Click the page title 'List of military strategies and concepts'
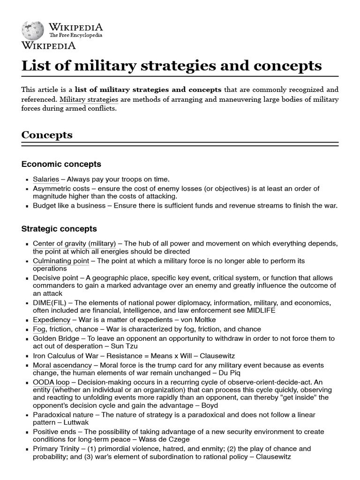172,65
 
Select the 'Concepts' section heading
47,135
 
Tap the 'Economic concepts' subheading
61,164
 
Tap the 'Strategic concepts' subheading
59,229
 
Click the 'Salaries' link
46,179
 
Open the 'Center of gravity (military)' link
74,244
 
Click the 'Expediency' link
52,320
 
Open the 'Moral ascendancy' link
62,365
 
